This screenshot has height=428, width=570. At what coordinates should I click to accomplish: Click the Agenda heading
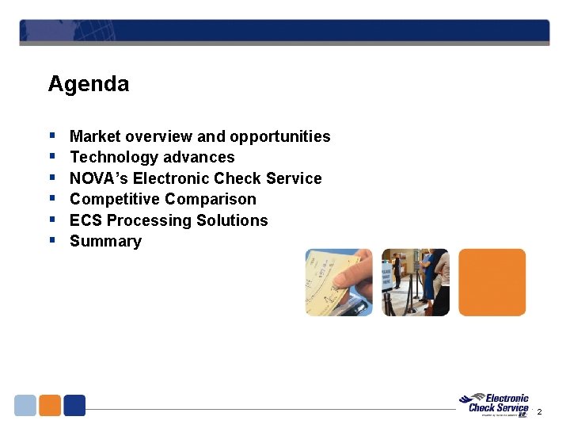coord(88,84)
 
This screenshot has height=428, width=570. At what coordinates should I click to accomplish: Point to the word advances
coord(197,157)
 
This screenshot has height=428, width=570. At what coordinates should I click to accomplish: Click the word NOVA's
coord(99,178)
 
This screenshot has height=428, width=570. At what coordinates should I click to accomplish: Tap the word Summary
coord(105,241)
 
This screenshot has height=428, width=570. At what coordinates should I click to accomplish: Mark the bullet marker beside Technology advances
coord(51,157)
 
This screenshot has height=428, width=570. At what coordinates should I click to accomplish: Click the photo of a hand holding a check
coord(339,282)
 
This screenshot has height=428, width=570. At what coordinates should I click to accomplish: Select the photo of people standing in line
coord(416,282)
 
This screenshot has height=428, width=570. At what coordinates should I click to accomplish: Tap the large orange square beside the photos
coord(492,282)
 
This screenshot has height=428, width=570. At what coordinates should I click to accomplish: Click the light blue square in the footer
coord(25,405)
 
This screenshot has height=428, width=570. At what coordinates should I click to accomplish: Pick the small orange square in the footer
coord(50,405)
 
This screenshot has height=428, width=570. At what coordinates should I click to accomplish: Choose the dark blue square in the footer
coord(74,405)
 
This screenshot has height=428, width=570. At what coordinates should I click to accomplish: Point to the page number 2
coord(540,412)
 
